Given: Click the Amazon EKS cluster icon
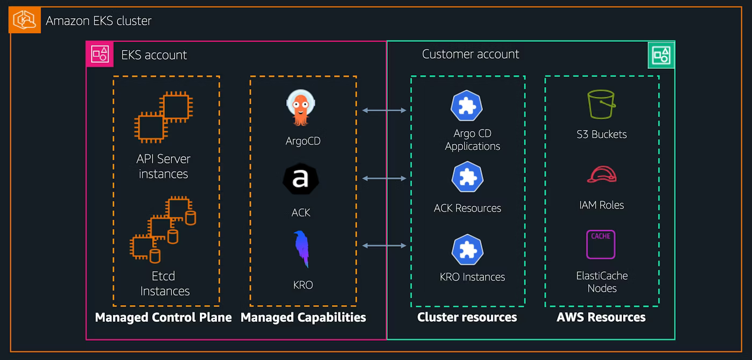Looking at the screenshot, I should point(25,20).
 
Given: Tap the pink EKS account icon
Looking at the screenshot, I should point(100,54).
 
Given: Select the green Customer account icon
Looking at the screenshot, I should point(661,55).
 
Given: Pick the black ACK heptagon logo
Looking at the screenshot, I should point(300,179).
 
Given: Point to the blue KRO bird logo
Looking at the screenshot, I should point(302,249).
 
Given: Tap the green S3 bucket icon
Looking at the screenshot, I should point(601,104).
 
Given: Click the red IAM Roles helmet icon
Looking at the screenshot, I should point(602,175).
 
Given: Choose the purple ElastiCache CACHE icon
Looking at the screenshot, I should point(601,244).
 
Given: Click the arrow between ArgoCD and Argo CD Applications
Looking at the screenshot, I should point(384,110).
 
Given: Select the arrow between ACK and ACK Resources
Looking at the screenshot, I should point(384,178).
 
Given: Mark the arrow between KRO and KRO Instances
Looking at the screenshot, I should point(384,246).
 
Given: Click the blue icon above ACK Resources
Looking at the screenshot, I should point(467,177).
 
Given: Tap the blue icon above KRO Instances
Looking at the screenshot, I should point(467,250).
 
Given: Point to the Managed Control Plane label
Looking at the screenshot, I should point(163,318).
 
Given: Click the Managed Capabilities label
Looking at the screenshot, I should point(303,318).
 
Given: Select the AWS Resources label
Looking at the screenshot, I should point(601,318).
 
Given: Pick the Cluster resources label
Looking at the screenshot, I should point(467,318).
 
